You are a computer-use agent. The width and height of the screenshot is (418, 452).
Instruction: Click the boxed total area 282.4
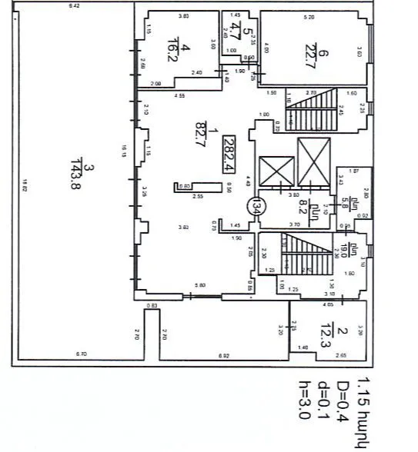[229, 151]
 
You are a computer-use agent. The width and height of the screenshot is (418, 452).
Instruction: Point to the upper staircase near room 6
[311, 108]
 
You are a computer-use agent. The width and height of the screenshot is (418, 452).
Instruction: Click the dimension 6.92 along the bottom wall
[224, 355]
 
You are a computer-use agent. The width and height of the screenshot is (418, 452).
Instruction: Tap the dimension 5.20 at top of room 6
[309, 16]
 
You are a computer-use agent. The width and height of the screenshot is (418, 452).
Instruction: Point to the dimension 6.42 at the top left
[74, 6]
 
